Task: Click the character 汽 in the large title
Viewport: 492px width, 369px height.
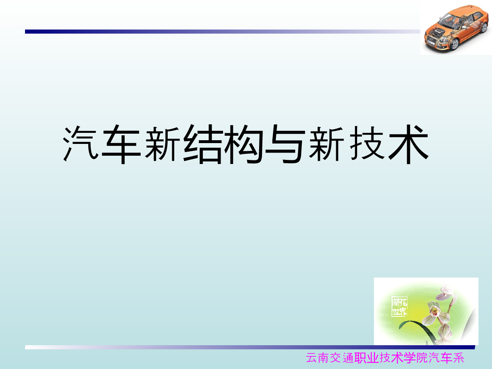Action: (x=80, y=143)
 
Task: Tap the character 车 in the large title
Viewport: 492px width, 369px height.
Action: (x=121, y=144)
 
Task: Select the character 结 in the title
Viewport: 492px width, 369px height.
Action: (x=203, y=144)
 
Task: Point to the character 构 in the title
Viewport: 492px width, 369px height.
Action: (x=244, y=144)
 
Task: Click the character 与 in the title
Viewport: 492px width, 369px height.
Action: (x=285, y=144)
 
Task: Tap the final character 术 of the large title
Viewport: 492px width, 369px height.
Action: (x=408, y=144)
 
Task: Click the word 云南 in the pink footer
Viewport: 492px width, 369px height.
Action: (x=317, y=358)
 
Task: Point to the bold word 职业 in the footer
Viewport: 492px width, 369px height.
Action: (x=367, y=358)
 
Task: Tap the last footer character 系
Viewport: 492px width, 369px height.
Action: (x=458, y=358)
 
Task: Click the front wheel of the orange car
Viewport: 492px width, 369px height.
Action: (x=454, y=44)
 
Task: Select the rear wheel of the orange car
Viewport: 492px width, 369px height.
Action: (x=484, y=27)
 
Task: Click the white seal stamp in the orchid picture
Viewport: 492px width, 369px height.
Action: (x=399, y=306)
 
